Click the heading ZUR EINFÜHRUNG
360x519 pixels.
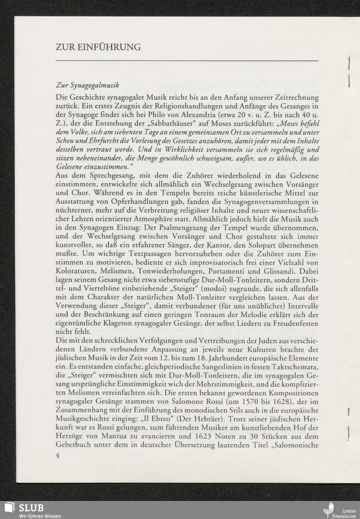click(x=98, y=47)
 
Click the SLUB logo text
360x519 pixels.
click(x=31, y=507)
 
